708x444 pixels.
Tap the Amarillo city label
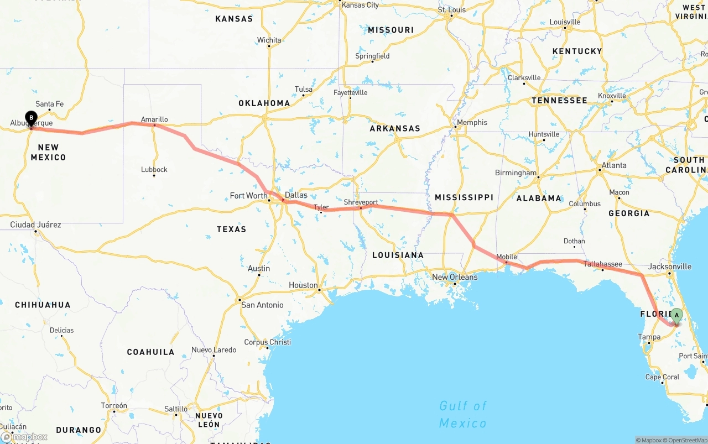click(154, 119)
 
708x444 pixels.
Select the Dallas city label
click(296, 195)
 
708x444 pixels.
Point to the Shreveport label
click(361, 202)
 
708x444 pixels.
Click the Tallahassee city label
click(603, 264)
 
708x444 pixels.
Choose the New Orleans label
click(455, 277)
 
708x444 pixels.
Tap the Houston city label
click(303, 285)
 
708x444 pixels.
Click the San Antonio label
click(262, 305)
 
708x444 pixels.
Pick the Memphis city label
click(472, 122)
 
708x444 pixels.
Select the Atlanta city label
click(614, 165)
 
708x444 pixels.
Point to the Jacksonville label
click(669, 267)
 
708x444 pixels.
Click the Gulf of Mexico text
click(463, 415)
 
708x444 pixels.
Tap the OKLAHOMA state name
click(264, 103)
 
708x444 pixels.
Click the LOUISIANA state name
click(398, 255)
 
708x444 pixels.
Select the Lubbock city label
click(154, 169)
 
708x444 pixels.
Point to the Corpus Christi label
click(267, 342)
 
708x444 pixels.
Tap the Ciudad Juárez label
click(35, 224)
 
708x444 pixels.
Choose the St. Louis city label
click(452, 10)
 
